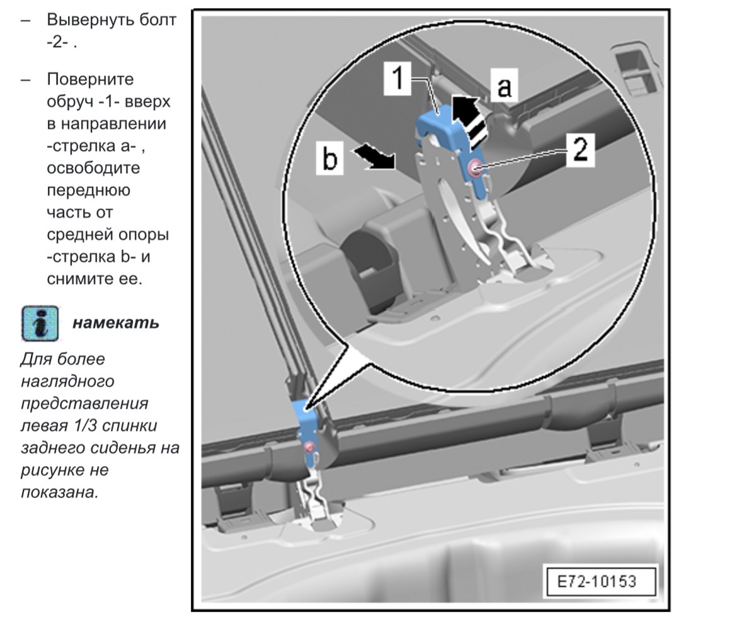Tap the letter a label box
(504, 87)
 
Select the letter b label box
(330, 158)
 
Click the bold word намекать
(115, 324)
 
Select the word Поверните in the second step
(90, 79)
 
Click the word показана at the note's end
(60, 492)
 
